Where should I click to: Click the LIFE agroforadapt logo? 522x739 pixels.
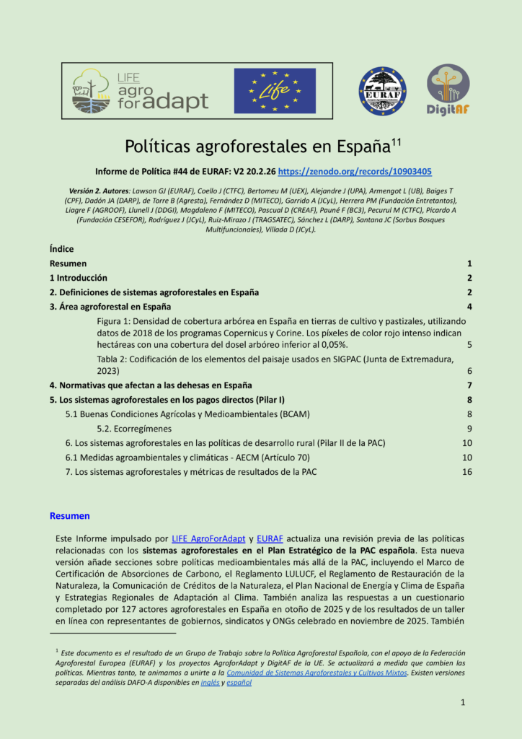[140, 91]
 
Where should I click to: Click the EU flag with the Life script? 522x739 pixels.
[275, 91]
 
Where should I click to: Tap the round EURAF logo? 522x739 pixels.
[382, 91]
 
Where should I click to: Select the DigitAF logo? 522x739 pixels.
[448, 90]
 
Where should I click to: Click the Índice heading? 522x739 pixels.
[61, 249]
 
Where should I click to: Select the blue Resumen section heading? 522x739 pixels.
[69, 516]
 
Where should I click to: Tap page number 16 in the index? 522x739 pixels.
[466, 472]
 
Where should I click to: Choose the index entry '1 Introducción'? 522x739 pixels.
[78, 278]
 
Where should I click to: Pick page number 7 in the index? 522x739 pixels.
[469, 385]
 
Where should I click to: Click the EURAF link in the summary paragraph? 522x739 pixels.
[270, 538]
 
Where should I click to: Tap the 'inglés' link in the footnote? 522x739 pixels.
[210, 683]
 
